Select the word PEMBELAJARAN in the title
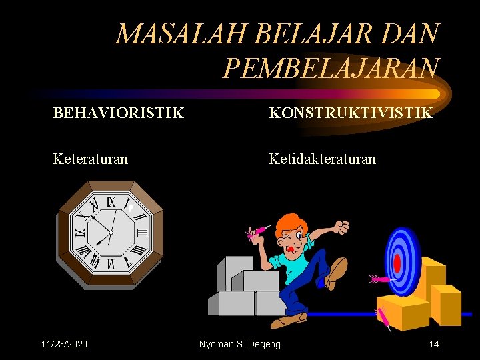coord(331,67)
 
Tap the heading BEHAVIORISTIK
coord(119,113)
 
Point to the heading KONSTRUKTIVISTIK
coord(351,113)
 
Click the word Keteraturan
coord(91,159)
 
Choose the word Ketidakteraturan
coord(322,159)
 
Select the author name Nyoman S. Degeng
coord(240,344)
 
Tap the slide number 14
coord(433,344)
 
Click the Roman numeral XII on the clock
coord(111,200)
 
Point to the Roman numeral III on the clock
coord(141,233)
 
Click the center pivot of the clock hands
coord(110,232)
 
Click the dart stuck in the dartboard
coord(379,278)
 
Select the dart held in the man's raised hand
coord(257,232)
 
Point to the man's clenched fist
coord(342,227)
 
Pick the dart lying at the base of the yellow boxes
coord(385,319)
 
